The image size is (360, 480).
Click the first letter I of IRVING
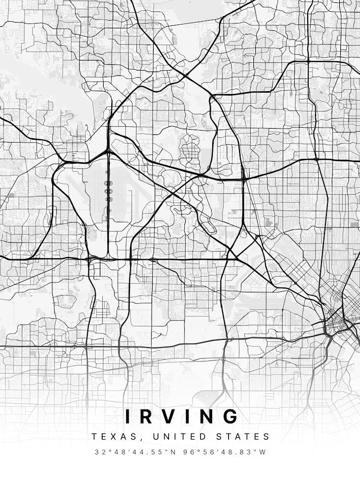(128, 416)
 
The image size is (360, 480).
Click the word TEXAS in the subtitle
(109, 437)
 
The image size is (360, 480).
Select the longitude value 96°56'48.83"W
(223, 452)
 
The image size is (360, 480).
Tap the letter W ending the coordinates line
(263, 452)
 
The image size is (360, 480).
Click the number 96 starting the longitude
(183, 452)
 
